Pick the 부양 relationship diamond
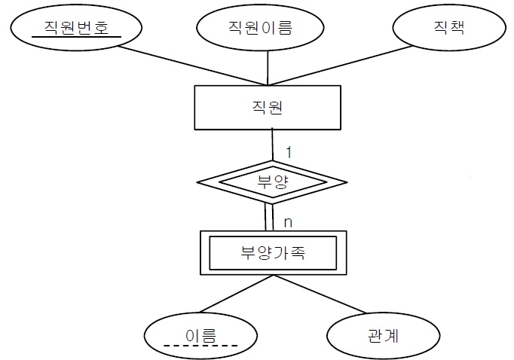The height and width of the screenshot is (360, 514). click(x=273, y=181)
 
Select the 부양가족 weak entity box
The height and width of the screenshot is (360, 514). click(x=273, y=252)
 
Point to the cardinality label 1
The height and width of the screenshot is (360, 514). click(x=288, y=151)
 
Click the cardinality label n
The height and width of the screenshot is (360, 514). click(x=287, y=222)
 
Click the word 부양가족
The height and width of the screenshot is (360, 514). click(x=273, y=252)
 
